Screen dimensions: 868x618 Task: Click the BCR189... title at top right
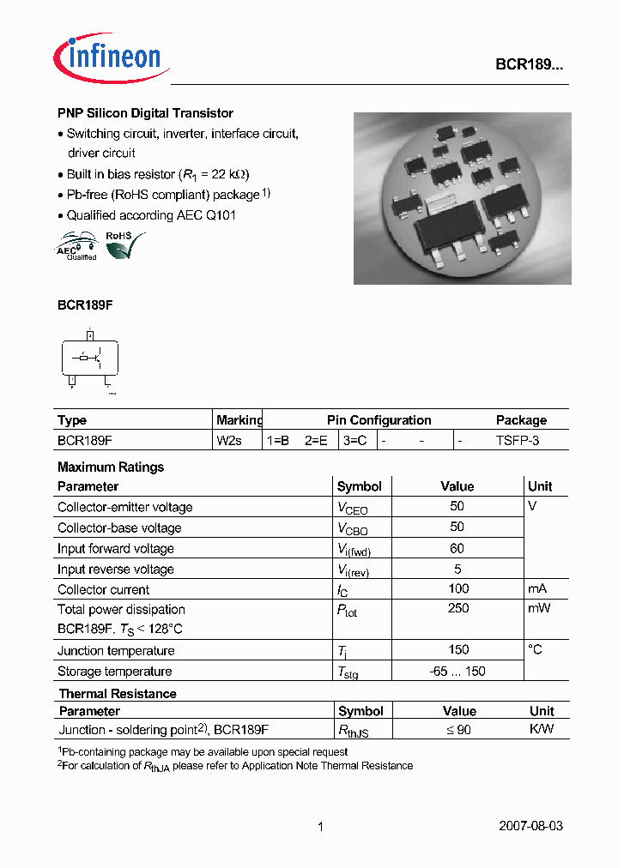[529, 64]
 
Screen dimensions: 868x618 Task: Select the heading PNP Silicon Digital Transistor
[145, 113]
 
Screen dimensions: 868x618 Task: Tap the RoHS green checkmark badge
[120, 245]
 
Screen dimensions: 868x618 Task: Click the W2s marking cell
[229, 441]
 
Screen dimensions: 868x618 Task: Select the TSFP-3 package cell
[518, 441]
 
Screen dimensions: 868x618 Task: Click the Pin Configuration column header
[379, 420]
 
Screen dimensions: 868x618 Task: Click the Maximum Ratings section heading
[110, 467]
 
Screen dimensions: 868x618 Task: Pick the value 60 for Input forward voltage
[457, 549]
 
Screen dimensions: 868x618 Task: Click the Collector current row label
[103, 590]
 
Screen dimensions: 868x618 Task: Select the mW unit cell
[539, 609]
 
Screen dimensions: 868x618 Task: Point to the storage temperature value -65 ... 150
[457, 672]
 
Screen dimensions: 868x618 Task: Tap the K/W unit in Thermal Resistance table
[541, 730]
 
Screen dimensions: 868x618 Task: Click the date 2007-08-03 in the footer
[530, 827]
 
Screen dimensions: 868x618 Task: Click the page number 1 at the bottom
[320, 827]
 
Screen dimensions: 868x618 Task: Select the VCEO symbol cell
[352, 509]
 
